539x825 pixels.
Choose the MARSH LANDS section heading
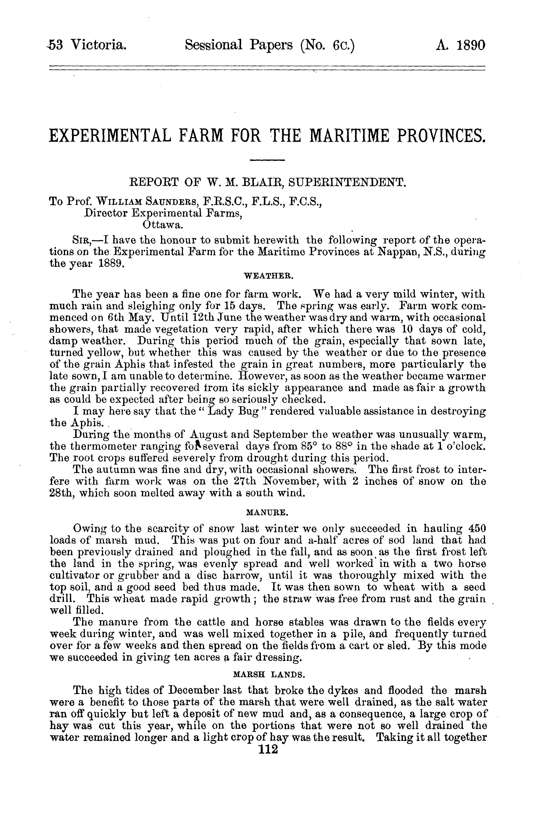[269, 675]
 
